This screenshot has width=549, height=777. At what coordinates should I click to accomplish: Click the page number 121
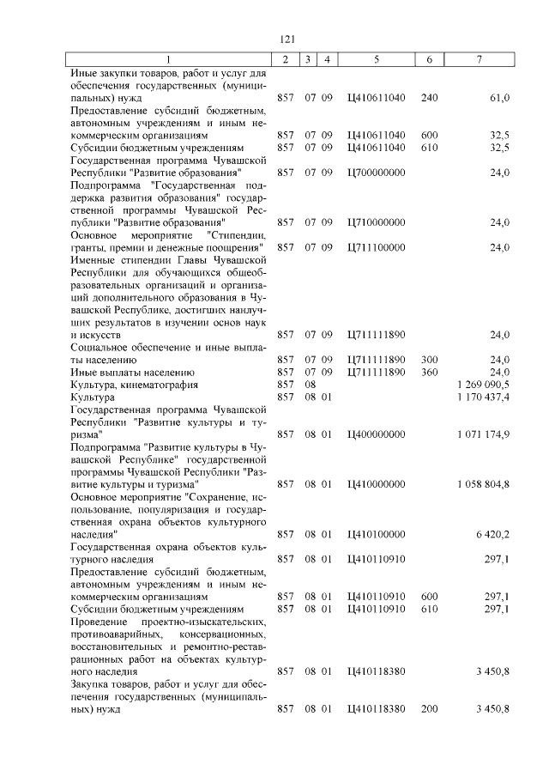(x=288, y=39)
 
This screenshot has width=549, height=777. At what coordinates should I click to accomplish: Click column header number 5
(x=377, y=58)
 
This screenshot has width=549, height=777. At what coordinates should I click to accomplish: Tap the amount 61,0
(x=499, y=97)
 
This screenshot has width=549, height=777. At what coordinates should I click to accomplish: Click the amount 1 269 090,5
(x=484, y=385)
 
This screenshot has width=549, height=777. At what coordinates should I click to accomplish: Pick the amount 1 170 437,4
(x=484, y=398)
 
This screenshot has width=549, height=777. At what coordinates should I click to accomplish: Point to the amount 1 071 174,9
(x=484, y=434)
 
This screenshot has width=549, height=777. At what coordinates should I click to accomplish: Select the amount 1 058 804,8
(x=484, y=484)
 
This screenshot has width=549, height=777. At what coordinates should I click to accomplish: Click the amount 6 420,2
(x=492, y=534)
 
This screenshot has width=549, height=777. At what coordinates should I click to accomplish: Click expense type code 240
(x=430, y=97)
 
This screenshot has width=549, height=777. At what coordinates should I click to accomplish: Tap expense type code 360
(x=430, y=373)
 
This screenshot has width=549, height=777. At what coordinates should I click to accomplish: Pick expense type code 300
(x=430, y=360)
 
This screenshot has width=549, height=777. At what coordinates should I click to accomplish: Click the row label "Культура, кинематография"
(x=125, y=385)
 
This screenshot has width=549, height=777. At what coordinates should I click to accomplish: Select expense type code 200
(x=430, y=708)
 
